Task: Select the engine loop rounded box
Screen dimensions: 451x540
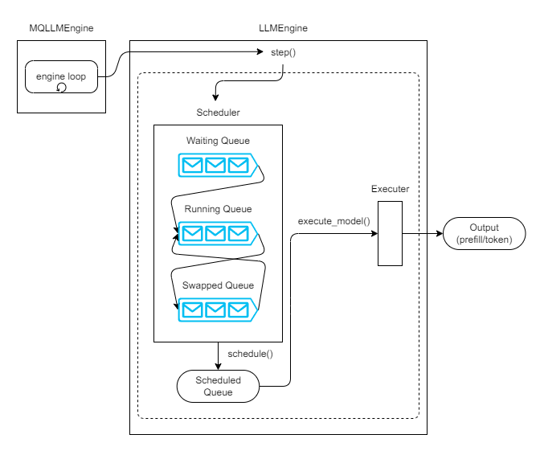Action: (x=61, y=78)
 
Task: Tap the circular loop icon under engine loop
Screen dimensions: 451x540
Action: (x=61, y=88)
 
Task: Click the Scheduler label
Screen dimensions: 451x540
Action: (x=218, y=112)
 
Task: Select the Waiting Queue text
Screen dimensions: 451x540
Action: (x=218, y=141)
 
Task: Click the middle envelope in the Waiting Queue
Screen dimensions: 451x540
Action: (x=215, y=166)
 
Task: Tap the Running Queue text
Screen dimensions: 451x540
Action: (x=218, y=209)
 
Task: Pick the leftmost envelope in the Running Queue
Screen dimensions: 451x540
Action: (x=192, y=234)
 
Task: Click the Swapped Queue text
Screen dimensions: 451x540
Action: (x=218, y=285)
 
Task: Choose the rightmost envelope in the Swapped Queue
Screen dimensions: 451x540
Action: (x=238, y=309)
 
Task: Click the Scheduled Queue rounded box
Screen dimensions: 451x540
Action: (x=218, y=386)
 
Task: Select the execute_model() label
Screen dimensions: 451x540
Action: (x=333, y=220)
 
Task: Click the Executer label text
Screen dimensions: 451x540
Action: (x=390, y=190)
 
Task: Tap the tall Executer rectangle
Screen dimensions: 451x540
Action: (x=390, y=233)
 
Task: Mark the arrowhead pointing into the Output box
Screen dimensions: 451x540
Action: (x=439, y=234)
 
